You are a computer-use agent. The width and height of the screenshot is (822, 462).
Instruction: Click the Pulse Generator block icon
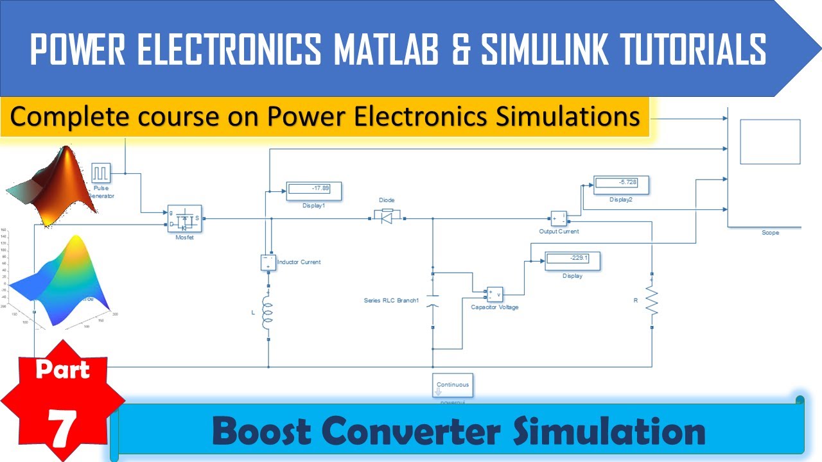coord(101,173)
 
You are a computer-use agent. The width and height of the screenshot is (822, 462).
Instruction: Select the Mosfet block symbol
coord(184,220)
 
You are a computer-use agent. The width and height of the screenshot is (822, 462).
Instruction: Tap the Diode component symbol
coord(387,218)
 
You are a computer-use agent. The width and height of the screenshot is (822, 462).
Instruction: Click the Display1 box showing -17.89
coord(313,191)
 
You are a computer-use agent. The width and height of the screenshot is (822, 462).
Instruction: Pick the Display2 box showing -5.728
coord(620,185)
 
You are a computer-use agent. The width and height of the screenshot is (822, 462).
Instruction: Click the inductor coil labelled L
coord(268,314)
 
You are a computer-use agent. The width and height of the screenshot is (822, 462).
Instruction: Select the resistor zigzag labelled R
coord(652,300)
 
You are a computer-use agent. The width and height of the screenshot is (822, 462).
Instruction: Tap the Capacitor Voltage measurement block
coord(494,294)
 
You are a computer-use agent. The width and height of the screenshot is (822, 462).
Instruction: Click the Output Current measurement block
coord(558,219)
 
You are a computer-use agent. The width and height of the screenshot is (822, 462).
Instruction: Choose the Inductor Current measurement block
coord(268,262)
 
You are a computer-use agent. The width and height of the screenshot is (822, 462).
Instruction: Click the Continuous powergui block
coord(453,385)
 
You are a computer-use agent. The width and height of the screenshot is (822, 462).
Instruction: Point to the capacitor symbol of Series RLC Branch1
coord(433,301)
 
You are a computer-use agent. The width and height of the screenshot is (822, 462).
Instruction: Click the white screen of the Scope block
coord(770,142)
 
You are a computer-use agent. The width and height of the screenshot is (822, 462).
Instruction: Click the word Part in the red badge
coord(62,370)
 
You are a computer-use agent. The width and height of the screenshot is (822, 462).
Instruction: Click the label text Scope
coord(770,232)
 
